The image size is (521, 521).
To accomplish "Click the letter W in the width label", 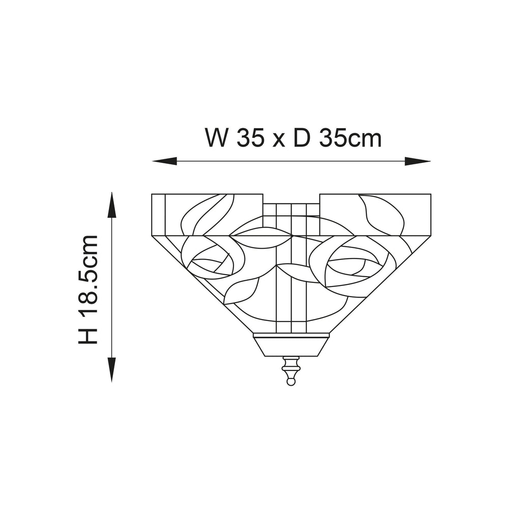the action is [x=217, y=137].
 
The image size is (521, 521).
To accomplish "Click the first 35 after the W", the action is [x=250, y=137].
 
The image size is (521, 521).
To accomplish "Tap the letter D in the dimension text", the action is [x=302, y=137].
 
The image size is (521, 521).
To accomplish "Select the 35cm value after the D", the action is [x=350, y=137].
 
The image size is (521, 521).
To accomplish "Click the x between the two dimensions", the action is [x=279, y=140].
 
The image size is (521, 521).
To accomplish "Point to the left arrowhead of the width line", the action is [x=164, y=161].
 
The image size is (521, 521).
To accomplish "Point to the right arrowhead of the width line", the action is [x=418, y=161].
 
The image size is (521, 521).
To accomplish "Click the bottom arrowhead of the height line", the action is [x=111, y=369].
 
